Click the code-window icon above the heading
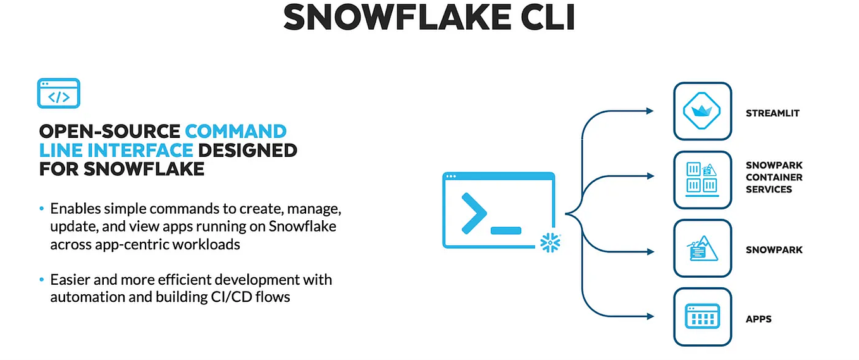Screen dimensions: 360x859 tap(59, 94)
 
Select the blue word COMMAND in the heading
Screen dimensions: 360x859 tap(235, 132)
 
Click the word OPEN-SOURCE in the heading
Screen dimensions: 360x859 tap(109, 132)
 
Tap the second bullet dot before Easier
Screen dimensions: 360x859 tap(42, 280)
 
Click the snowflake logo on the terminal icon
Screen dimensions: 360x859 tap(550, 242)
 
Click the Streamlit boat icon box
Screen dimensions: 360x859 tap(702, 111)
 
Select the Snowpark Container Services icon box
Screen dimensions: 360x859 tap(702, 180)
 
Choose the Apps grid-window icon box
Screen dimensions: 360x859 tap(702, 317)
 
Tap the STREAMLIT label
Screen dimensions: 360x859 tap(772, 113)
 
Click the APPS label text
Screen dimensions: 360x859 tap(758, 319)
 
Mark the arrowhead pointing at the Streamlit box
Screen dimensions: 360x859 tap(650, 111)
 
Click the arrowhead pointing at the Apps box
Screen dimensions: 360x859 tap(650, 315)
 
